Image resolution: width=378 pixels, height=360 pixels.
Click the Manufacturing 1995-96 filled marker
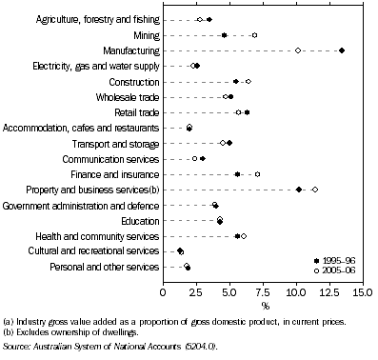click(x=342, y=50)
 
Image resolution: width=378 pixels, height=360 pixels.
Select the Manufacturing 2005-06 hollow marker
click(x=298, y=50)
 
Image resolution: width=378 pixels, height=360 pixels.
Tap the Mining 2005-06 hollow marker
click(x=254, y=34)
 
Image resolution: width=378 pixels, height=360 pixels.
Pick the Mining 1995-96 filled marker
click(x=224, y=34)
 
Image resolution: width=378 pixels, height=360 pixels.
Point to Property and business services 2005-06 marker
click(x=315, y=190)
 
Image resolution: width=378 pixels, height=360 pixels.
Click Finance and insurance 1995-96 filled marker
click(x=237, y=174)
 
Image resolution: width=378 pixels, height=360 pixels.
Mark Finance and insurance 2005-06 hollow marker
click(x=257, y=174)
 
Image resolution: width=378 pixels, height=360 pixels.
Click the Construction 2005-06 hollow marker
click(x=248, y=81)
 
